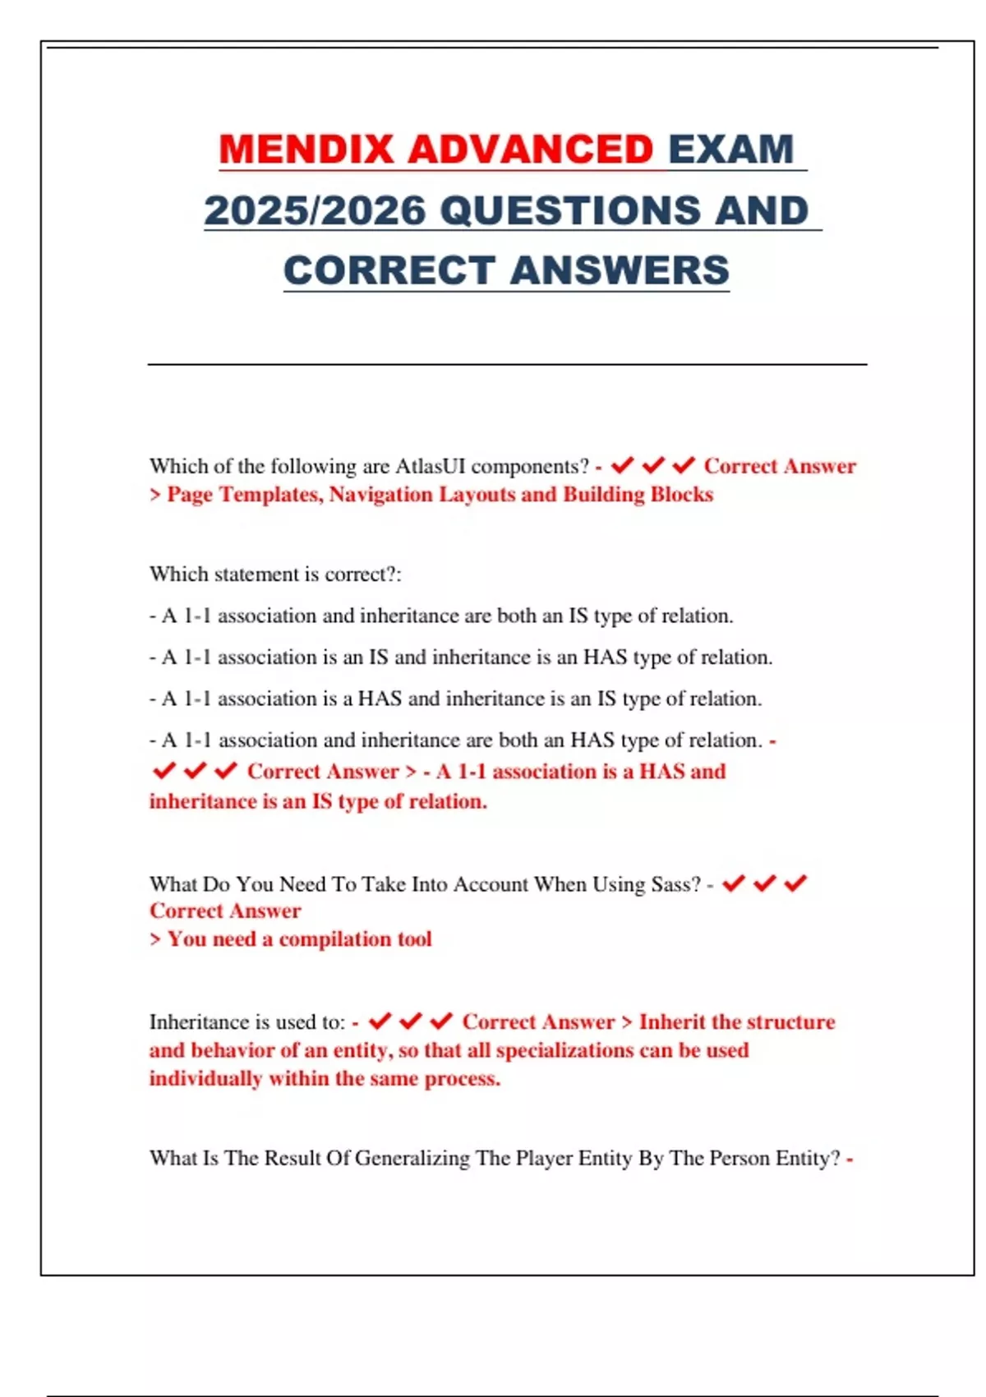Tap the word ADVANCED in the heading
pyautogui.click(x=530, y=150)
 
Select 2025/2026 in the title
pyautogui.click(x=315, y=210)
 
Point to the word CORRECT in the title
pyautogui.click(x=389, y=270)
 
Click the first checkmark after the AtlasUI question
pyautogui.click(x=622, y=466)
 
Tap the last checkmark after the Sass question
pyautogui.click(x=795, y=883)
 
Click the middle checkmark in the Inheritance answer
pyautogui.click(x=410, y=1021)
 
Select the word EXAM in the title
pyautogui.click(x=731, y=150)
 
